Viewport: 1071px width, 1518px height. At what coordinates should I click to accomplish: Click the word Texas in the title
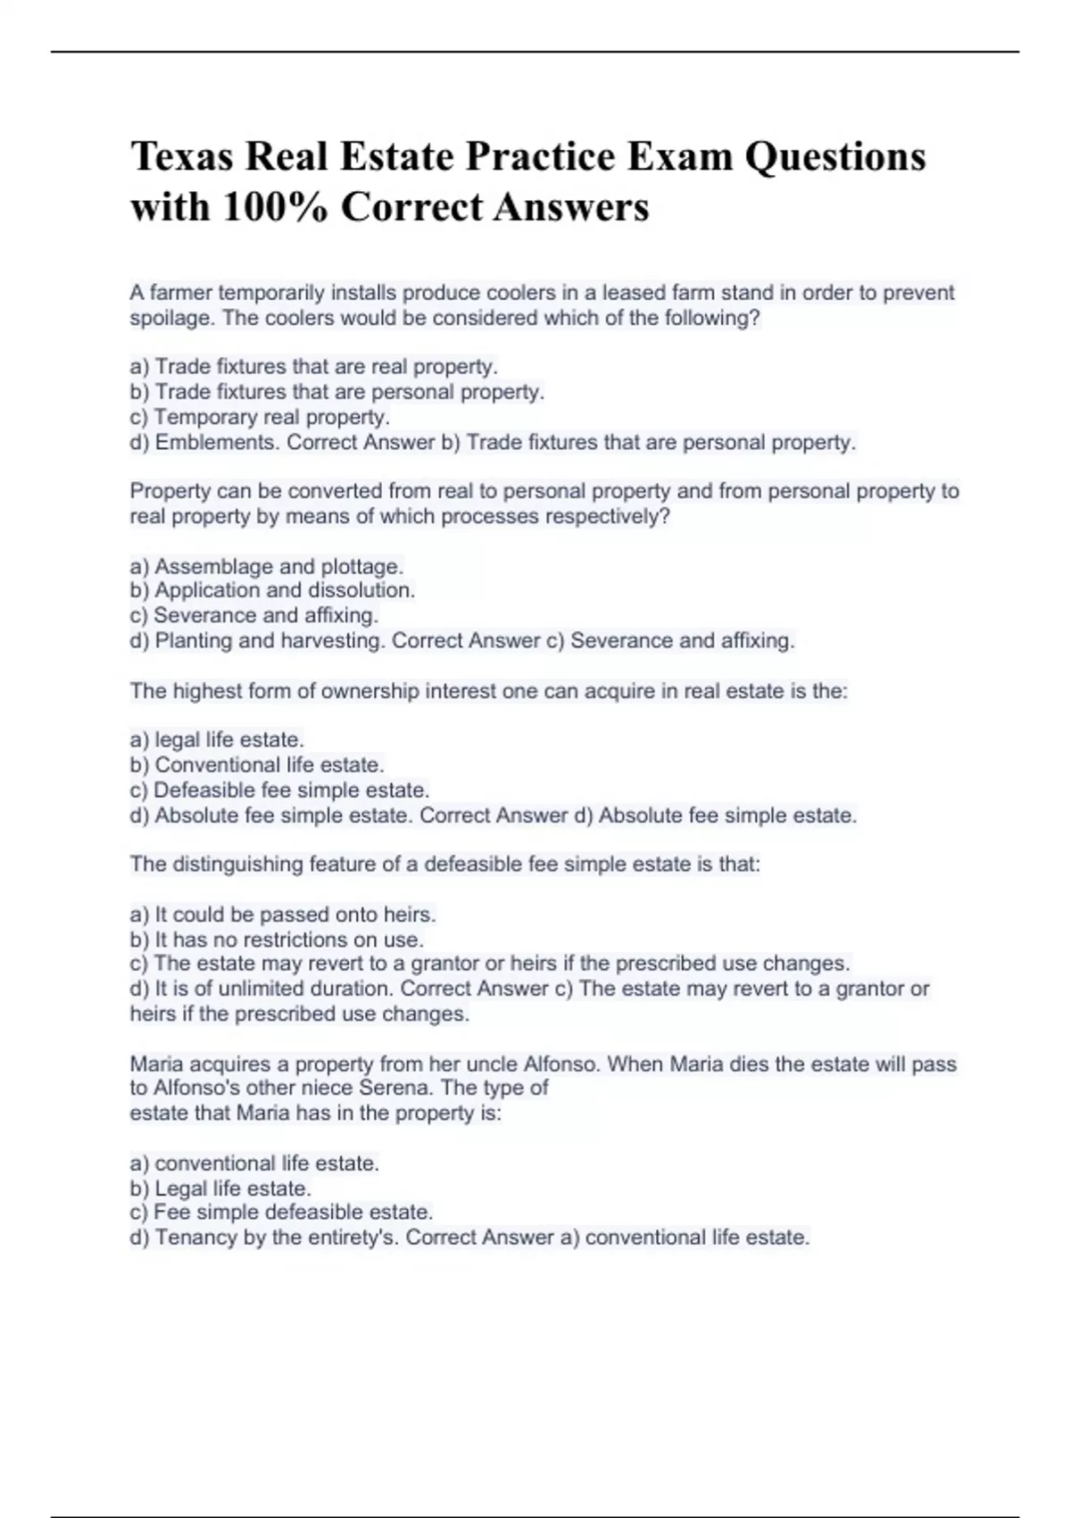point(181,157)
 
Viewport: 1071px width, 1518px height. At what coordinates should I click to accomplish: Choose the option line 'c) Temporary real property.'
point(260,417)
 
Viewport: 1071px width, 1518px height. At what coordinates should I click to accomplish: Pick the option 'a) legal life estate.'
point(217,740)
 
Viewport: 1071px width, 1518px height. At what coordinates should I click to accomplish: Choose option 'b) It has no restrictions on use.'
point(277,939)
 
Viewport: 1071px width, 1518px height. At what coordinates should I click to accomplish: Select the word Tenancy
point(189,1238)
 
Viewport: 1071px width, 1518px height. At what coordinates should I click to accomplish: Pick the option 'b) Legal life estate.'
point(220,1189)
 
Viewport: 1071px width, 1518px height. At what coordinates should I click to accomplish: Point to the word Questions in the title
point(835,157)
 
